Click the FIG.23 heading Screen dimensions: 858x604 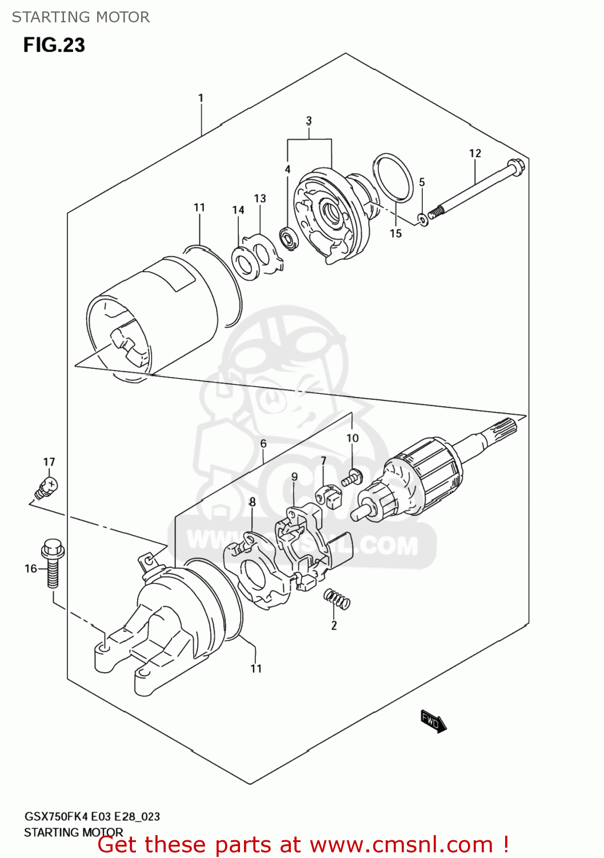coord(54,45)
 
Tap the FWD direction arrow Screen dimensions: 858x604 coord(433,721)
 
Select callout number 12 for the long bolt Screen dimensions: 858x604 coord(475,153)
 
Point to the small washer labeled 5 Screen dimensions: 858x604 coord(423,219)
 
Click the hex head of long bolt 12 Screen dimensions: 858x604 coord(515,168)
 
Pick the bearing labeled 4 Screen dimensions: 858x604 coord(288,237)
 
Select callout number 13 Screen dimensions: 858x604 coord(260,198)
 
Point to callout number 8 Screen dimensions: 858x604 coord(252,502)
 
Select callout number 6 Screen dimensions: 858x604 coord(263,443)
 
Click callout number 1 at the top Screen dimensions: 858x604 coord(201,98)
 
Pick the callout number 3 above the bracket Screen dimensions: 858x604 coord(309,121)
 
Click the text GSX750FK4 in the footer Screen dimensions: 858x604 coord(56,816)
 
